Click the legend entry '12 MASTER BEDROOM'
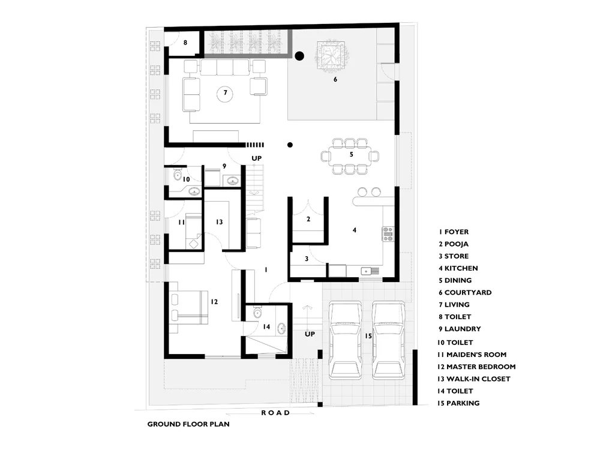pos(476,367)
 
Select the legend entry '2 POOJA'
pos(454,244)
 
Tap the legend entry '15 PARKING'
pos(458,403)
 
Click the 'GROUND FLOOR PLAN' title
pos(188,424)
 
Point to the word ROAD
pos(275,413)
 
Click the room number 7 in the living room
pos(226,92)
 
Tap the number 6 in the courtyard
pos(335,79)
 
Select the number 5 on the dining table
pos(351,154)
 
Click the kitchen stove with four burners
pos(388,233)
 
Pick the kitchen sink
pos(370,271)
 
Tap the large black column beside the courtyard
pos(299,56)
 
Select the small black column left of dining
pos(290,145)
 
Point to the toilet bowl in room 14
pos(257,313)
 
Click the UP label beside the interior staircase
pos(256,158)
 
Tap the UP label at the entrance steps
pos(310,334)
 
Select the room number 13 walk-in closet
pos(219,222)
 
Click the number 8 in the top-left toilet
pos(185,43)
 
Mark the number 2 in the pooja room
pos(308,219)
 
